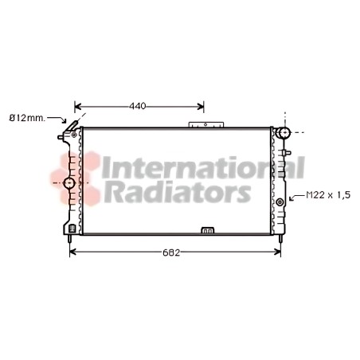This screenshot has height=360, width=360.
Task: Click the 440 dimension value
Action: point(138,106)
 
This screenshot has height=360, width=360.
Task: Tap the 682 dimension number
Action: point(171,252)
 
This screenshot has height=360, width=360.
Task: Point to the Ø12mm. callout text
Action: point(27,118)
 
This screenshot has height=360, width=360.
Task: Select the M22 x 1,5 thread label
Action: point(328,195)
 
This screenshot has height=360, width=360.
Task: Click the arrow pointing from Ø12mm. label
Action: point(57,119)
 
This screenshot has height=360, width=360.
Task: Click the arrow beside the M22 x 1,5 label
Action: point(296,198)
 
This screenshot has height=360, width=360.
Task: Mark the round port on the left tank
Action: point(69,183)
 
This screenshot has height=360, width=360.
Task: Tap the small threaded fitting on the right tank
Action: point(280,202)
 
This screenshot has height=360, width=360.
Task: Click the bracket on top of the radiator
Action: point(206,125)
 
